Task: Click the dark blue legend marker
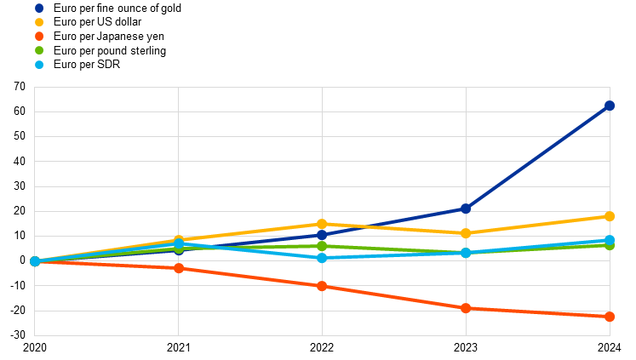point(39,8)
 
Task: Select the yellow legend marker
point(39,22)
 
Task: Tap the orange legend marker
point(39,36)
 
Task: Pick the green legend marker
point(39,50)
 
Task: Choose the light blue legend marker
point(39,65)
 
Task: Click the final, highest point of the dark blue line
point(610,106)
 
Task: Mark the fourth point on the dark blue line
point(466,209)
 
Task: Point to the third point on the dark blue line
point(322,234)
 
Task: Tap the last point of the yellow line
point(610,216)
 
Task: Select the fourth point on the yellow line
point(466,233)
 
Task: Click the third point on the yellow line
point(322,224)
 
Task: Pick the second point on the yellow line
point(179,240)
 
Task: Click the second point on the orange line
point(179,268)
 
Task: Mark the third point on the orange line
point(322,286)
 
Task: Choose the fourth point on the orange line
point(466,308)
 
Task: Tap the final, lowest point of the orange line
point(610,317)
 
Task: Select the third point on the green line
point(322,246)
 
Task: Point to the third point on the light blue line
point(322,258)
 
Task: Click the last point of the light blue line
point(610,240)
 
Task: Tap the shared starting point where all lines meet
point(35,261)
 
